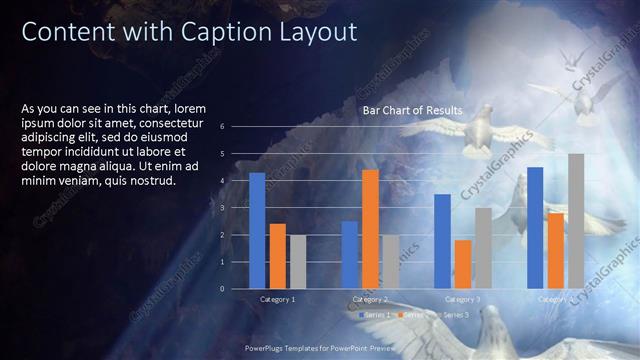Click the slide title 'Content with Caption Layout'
pyautogui.click(x=189, y=33)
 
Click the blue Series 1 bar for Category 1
pyautogui.click(x=257, y=230)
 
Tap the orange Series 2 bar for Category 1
pyautogui.click(x=277, y=256)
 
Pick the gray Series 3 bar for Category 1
pyautogui.click(x=297, y=261)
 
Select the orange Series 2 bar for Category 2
pyautogui.click(x=370, y=229)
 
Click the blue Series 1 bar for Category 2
pyautogui.click(x=349, y=255)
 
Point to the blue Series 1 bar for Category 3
pyautogui.click(x=442, y=241)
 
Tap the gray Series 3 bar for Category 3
pyautogui.click(x=482, y=248)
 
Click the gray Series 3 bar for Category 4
pyautogui.click(x=576, y=221)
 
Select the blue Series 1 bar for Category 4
pyautogui.click(x=535, y=228)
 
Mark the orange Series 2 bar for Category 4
pyautogui.click(x=555, y=250)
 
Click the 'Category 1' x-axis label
pyautogui.click(x=277, y=299)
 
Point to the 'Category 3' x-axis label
pyautogui.click(x=462, y=299)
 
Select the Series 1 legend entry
pyautogui.click(x=373, y=314)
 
